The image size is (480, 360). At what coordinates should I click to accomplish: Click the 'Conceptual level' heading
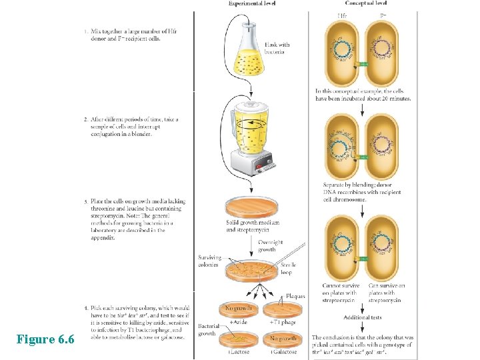tap(365, 3)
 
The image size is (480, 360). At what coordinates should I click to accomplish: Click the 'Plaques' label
tap(295, 296)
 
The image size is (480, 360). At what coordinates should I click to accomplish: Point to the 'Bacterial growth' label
tap(207, 329)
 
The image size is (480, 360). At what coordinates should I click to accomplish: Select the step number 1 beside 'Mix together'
tap(85, 31)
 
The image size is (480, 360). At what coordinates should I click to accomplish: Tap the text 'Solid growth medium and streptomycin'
tap(252, 225)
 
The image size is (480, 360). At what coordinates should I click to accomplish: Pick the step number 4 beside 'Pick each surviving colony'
tap(85, 307)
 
